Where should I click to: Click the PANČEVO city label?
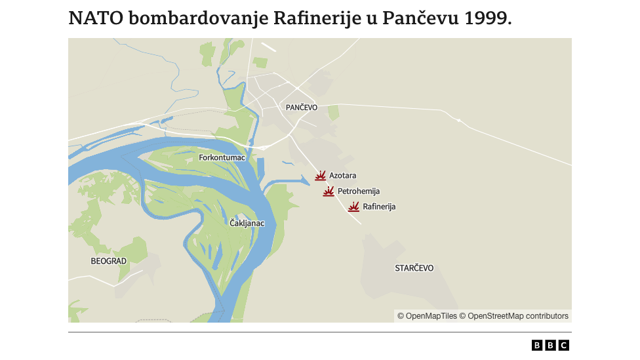coord(302,107)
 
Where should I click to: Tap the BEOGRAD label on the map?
coord(108,261)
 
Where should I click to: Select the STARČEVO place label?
coord(414,268)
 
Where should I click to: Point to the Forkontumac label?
coord(222,157)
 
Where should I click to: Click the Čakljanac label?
coord(247,224)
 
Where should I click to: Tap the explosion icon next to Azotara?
coord(321,176)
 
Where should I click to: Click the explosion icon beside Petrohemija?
coord(329,191)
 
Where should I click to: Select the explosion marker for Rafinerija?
coord(353,207)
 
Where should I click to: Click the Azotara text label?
coord(343,176)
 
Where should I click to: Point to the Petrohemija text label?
coord(359,191)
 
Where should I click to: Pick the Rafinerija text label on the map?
coord(379,207)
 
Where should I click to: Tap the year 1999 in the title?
coord(487,18)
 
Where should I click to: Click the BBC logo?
coord(550,346)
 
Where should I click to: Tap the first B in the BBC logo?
coord(537,346)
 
